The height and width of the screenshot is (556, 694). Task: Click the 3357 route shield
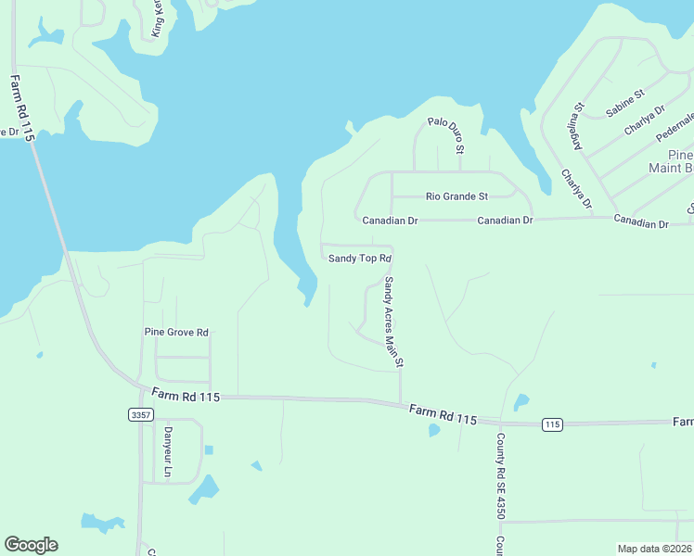click(x=140, y=415)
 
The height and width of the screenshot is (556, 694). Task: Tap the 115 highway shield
click(x=552, y=424)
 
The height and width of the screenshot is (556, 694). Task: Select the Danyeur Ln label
click(x=168, y=452)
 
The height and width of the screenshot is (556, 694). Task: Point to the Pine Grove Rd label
click(x=176, y=332)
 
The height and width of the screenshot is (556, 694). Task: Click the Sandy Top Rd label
click(x=361, y=259)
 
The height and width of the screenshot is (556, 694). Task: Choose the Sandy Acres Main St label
click(x=393, y=323)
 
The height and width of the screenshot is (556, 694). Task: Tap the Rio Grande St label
click(x=456, y=196)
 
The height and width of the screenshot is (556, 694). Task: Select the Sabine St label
click(x=624, y=105)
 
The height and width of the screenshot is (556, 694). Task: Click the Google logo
click(x=31, y=545)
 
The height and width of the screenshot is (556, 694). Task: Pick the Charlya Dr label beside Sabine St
click(x=645, y=120)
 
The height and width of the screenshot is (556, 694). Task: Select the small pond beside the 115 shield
click(x=521, y=403)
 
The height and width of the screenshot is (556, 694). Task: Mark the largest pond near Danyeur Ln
click(x=205, y=489)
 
